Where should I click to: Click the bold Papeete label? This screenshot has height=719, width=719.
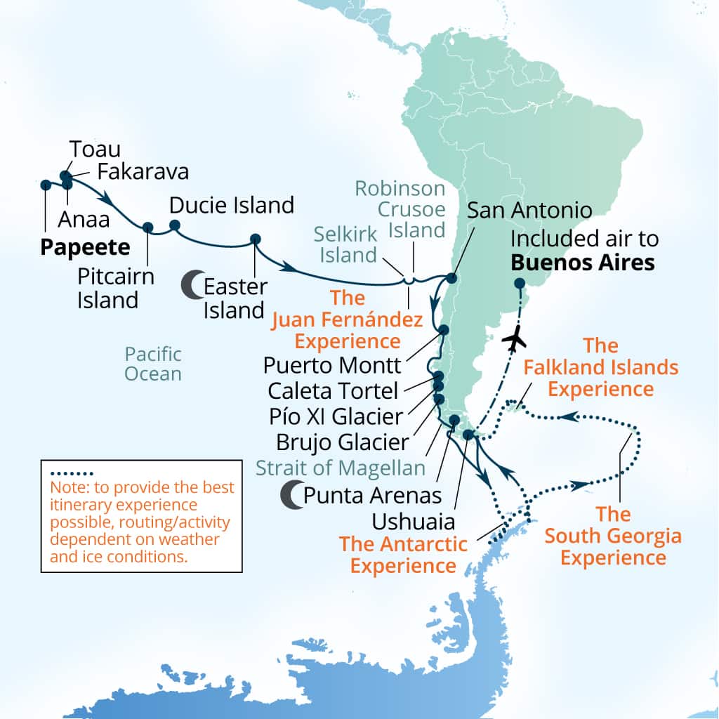pyautogui.click(x=85, y=247)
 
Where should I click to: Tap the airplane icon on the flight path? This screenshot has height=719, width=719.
pyautogui.click(x=516, y=339)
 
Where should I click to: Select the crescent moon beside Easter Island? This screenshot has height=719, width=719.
pyautogui.click(x=191, y=285)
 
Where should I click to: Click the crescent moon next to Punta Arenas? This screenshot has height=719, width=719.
pyautogui.click(x=291, y=494)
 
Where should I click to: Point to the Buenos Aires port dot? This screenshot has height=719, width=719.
pyautogui.click(x=519, y=284)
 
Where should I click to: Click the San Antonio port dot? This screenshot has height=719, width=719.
pyautogui.click(x=451, y=278)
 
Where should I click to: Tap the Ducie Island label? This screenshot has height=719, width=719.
pyautogui.click(x=231, y=205)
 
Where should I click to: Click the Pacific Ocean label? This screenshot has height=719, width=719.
pyautogui.click(x=153, y=363)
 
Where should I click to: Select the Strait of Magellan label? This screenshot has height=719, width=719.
pyautogui.click(x=341, y=468)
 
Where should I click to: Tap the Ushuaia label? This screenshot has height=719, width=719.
pyautogui.click(x=415, y=522)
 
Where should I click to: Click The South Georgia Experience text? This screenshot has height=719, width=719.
pyautogui.click(x=613, y=536)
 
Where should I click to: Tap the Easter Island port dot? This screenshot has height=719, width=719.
pyautogui.click(x=255, y=239)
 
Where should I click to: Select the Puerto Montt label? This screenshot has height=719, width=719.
pyautogui.click(x=331, y=365)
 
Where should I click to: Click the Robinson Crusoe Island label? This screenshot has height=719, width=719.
pyautogui.click(x=400, y=209)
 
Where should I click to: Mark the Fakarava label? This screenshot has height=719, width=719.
pyautogui.click(x=143, y=171)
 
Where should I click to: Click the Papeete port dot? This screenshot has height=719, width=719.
pyautogui.click(x=46, y=185)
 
